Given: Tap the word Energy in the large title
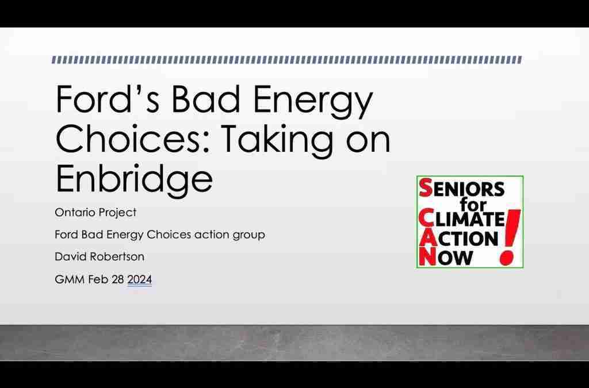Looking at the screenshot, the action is click(x=313, y=101).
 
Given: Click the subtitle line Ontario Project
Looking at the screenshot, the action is click(x=95, y=213).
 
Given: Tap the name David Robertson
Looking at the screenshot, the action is click(x=100, y=257).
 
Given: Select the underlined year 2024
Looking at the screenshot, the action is click(x=140, y=279).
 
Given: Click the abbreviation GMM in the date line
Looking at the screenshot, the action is click(x=70, y=279).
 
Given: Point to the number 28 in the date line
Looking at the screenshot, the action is click(x=117, y=279).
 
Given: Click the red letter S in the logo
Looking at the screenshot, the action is click(x=426, y=189).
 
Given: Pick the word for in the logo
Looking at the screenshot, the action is click(x=473, y=205).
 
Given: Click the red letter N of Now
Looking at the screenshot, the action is click(x=427, y=257).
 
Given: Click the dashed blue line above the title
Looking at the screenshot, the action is click(x=286, y=60).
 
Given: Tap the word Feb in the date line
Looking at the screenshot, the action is click(x=98, y=279).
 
